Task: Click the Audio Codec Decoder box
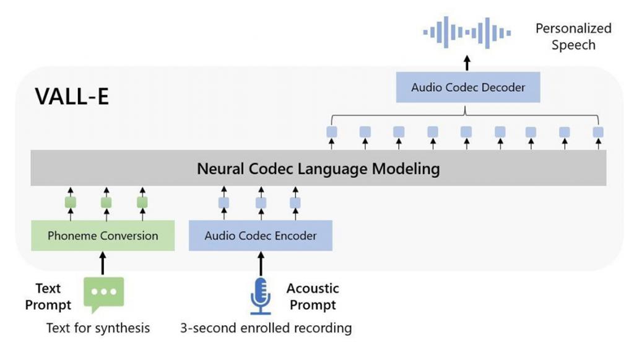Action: [467, 87]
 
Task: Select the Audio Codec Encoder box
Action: [260, 235]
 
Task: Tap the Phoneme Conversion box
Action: [102, 235]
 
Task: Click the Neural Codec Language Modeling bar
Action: [318, 169]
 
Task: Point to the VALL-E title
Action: [72, 96]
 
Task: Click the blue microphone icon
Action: [261, 296]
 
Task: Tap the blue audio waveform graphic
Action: [467, 32]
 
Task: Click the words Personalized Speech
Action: [573, 37]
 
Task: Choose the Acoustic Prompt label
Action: [313, 297]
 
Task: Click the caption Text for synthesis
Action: [98, 328]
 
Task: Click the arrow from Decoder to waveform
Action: [467, 63]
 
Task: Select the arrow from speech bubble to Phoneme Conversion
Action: [103, 263]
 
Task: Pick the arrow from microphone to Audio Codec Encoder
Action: [261, 263]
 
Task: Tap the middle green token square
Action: [106, 203]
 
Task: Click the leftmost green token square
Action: [71, 203]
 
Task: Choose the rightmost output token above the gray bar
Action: [598, 132]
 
